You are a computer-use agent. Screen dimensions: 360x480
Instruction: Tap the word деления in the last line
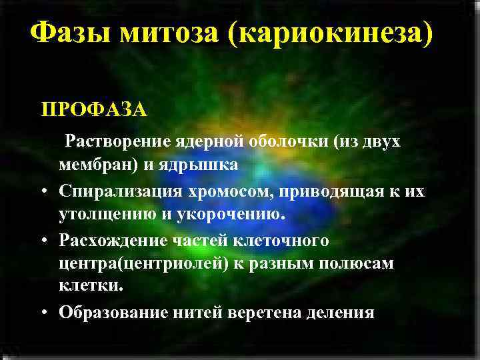(x=341, y=312)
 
